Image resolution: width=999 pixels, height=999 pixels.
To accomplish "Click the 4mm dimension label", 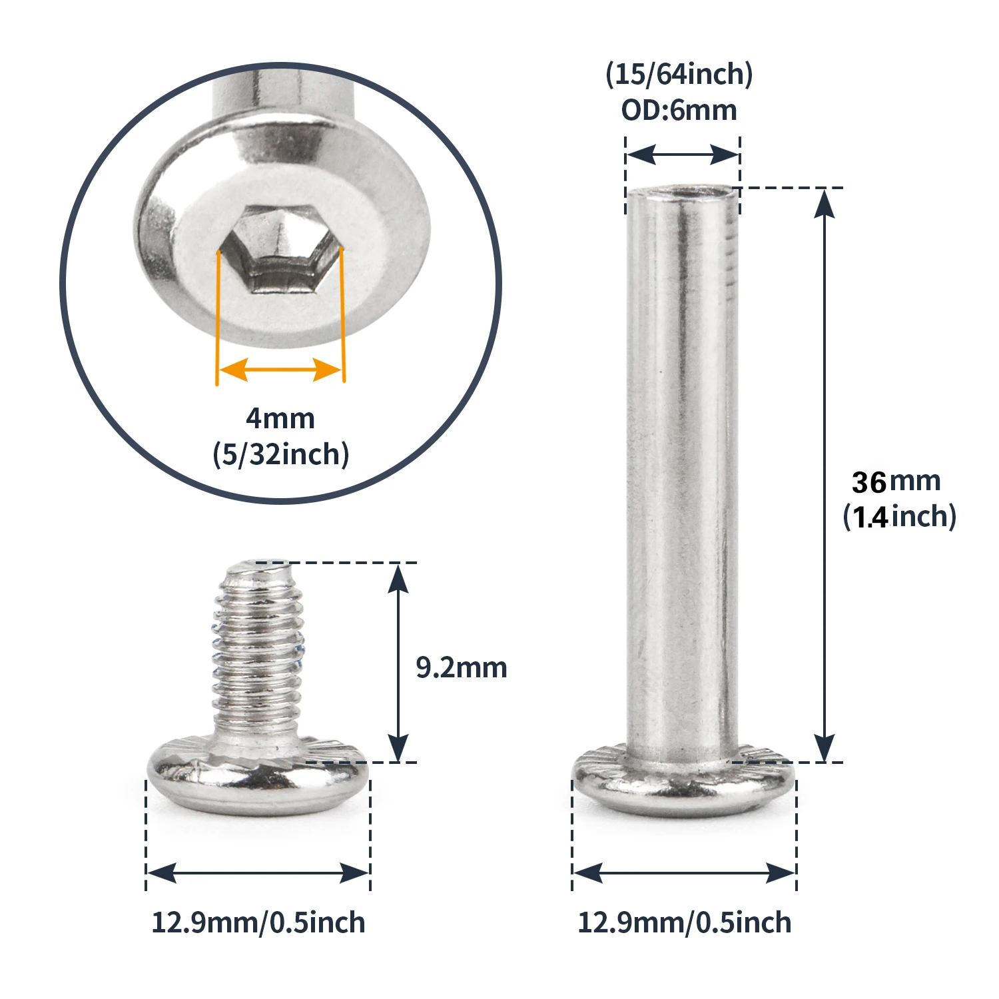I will point(280,419).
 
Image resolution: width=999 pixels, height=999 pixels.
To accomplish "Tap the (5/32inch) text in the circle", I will point(280,455).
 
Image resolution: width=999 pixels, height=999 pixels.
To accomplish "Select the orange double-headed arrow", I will point(280,370).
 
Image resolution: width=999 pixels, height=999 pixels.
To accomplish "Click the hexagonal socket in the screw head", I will point(281,250).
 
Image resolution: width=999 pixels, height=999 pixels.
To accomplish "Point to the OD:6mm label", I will point(679,111).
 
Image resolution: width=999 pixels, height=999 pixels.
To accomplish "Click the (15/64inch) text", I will point(679,74).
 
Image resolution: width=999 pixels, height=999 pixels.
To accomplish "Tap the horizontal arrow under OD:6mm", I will point(682,155).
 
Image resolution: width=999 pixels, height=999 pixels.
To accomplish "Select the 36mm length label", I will point(896,482).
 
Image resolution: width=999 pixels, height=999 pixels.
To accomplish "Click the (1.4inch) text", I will point(899,517).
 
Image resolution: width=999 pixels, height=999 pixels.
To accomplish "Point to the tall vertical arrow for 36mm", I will point(825,474).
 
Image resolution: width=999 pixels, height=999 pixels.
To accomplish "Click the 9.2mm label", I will point(461,667).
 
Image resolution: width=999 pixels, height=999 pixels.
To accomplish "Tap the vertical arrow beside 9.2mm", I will point(398,663).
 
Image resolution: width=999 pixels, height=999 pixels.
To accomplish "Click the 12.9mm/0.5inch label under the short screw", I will point(258,923).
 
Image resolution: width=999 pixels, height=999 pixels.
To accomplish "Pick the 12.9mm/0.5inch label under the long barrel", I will point(684,923).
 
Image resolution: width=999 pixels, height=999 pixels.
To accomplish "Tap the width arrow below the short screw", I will point(258,872).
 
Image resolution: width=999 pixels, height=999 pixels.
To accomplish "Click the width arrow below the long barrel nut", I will point(684,872).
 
